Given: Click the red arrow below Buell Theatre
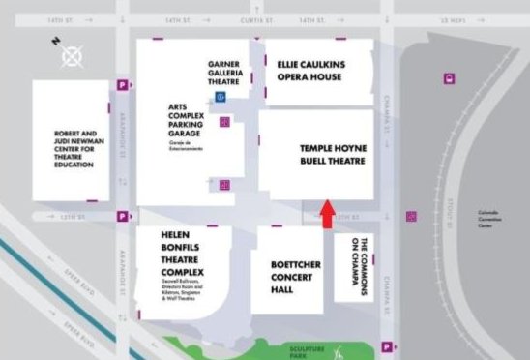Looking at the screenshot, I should coord(326,214).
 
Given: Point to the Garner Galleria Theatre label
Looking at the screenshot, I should coord(230,75).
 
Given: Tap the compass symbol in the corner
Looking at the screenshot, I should coord(72,54).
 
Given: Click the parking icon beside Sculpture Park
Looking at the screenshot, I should coord(387,346).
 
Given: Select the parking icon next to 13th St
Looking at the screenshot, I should coord(122,217).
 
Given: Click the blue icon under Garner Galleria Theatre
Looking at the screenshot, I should coord(221,97).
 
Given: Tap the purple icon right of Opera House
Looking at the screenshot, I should coord(449,79).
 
